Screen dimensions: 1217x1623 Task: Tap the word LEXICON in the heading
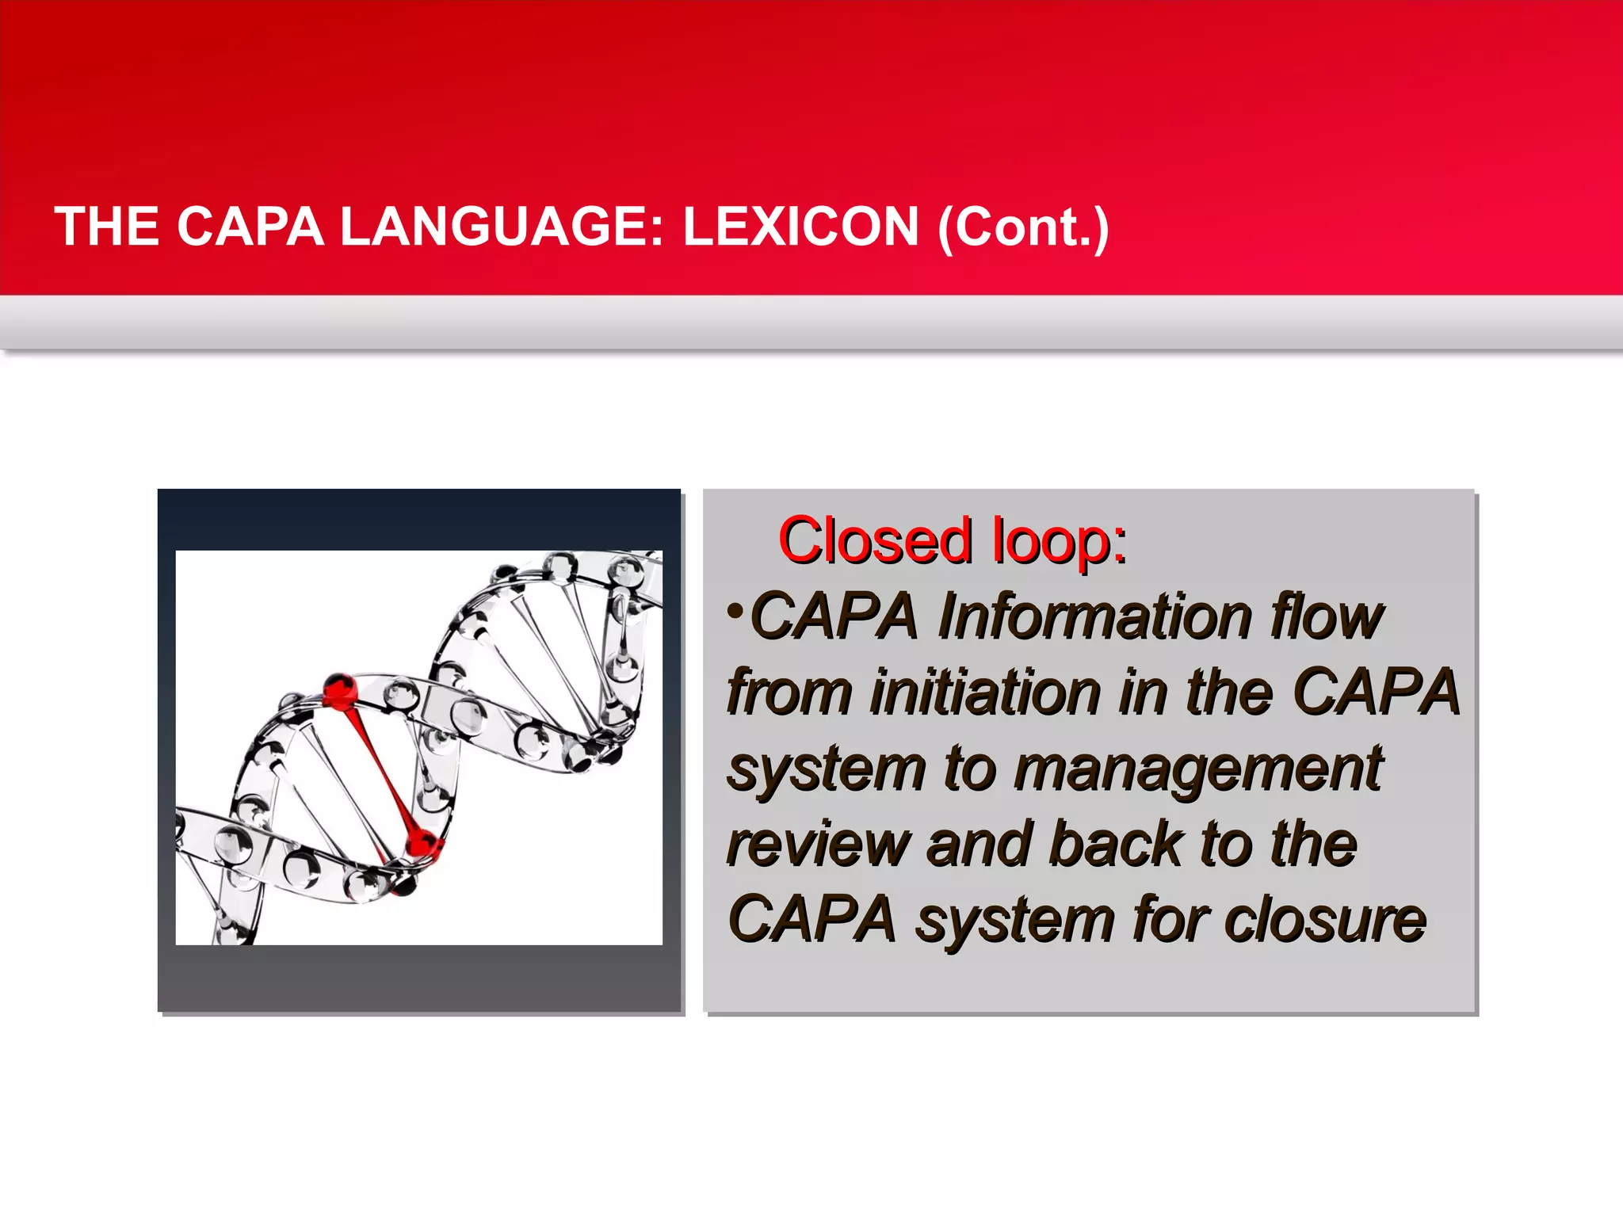click(x=800, y=227)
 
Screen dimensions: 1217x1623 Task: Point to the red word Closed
click(x=876, y=541)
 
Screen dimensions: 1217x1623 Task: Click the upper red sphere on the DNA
click(x=340, y=690)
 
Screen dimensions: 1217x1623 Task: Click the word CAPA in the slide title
click(x=250, y=227)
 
